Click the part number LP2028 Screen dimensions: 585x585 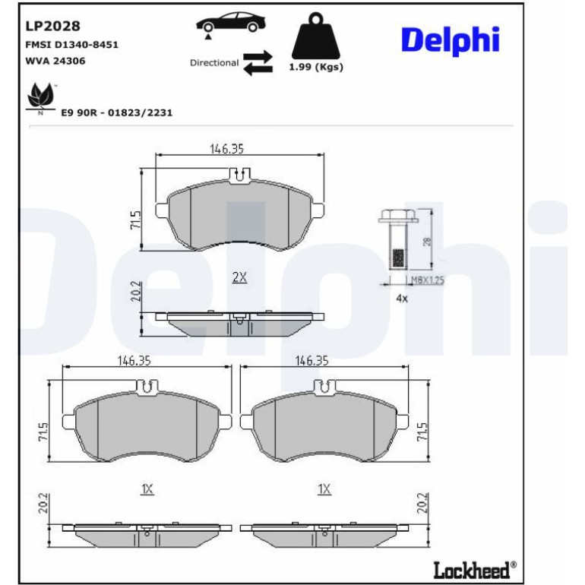[52, 26]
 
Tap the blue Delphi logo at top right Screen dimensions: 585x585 [451, 41]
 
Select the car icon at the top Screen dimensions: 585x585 [231, 22]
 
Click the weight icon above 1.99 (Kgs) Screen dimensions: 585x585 [316, 36]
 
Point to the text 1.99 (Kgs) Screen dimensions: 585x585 [316, 67]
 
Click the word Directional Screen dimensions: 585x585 [214, 62]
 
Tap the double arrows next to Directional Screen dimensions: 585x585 [258, 62]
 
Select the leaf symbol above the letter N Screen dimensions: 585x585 [41, 94]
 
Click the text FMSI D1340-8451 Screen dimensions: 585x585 [71, 45]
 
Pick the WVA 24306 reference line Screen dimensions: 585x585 [55, 61]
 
